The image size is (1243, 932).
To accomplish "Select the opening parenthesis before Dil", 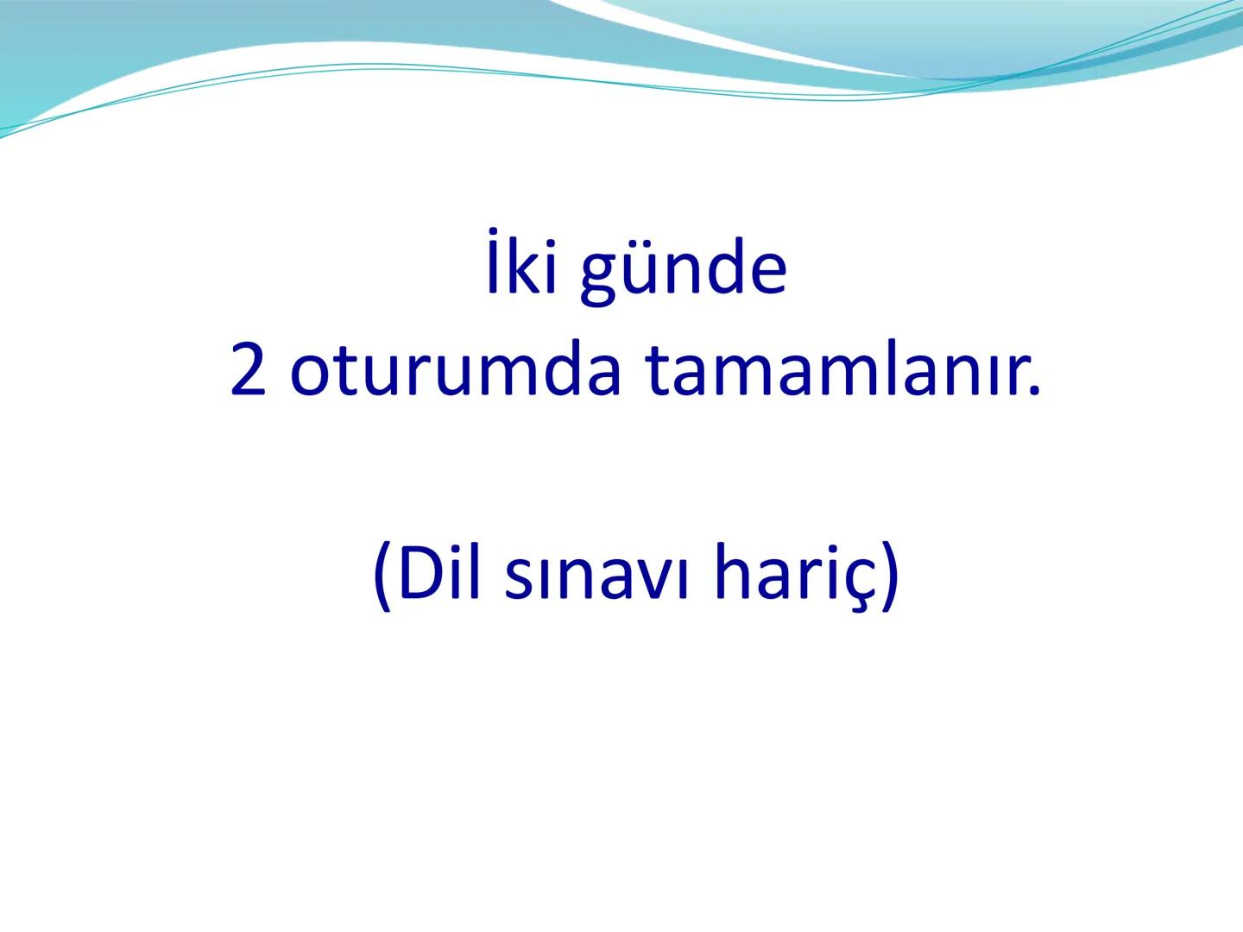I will pyautogui.click(x=382, y=576).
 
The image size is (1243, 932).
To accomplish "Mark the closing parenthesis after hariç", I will pyautogui.click(x=889, y=576).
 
